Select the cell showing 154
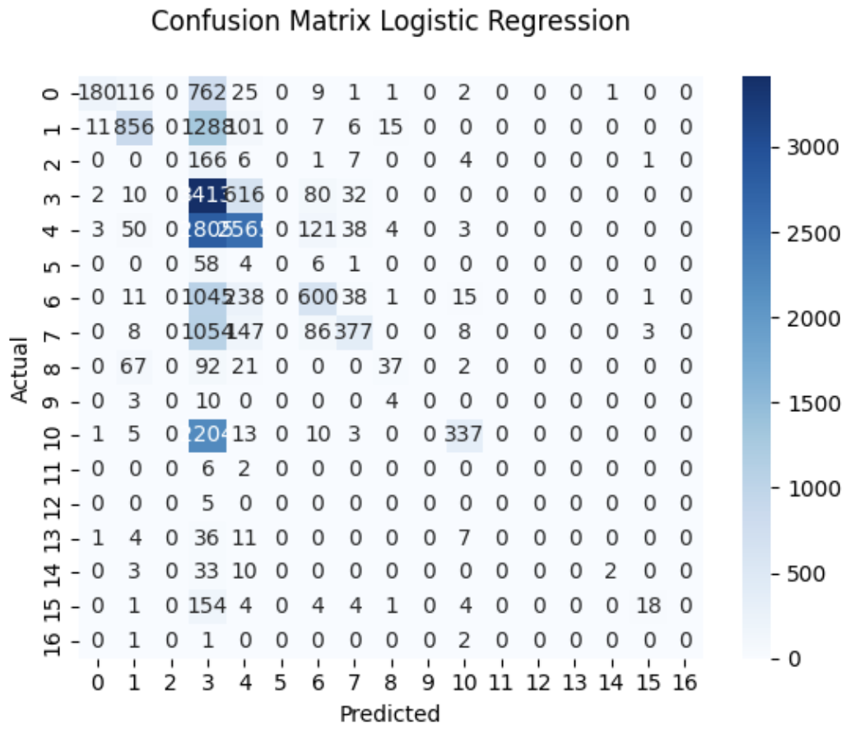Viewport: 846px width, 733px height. pos(207,607)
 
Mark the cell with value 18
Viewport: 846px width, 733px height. pos(648,607)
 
